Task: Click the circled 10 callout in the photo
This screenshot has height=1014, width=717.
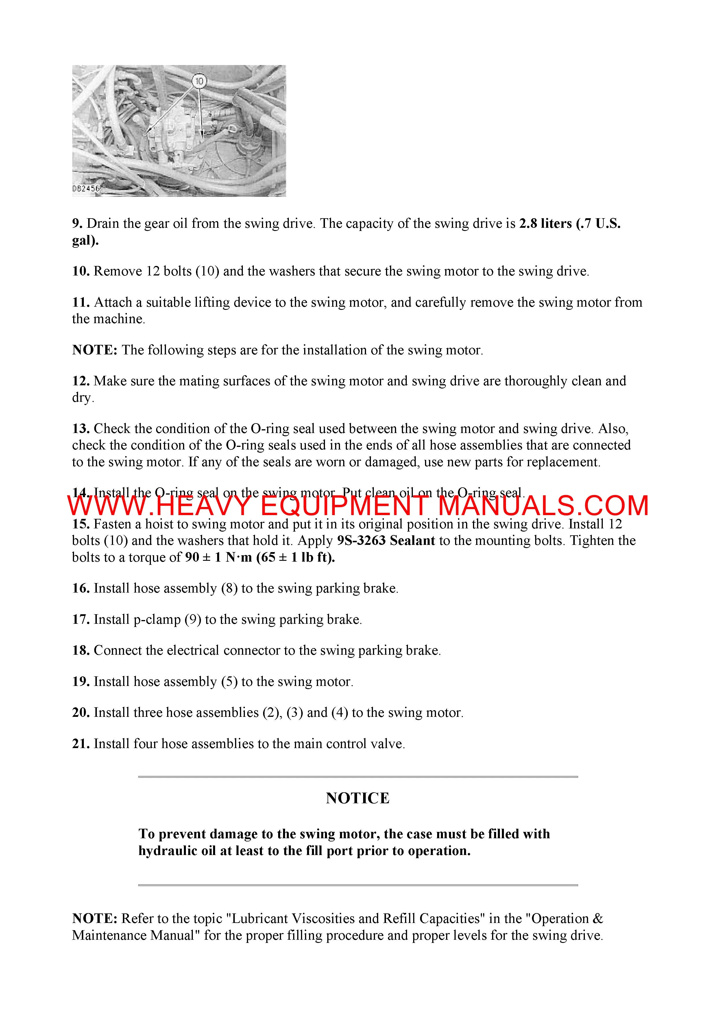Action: coord(199,81)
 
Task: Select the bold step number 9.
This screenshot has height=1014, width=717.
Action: coord(77,223)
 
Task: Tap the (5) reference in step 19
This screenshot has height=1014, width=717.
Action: coord(229,682)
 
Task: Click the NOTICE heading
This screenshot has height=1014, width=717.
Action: coord(358,798)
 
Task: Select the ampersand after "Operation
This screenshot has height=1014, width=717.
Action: coord(597,919)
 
